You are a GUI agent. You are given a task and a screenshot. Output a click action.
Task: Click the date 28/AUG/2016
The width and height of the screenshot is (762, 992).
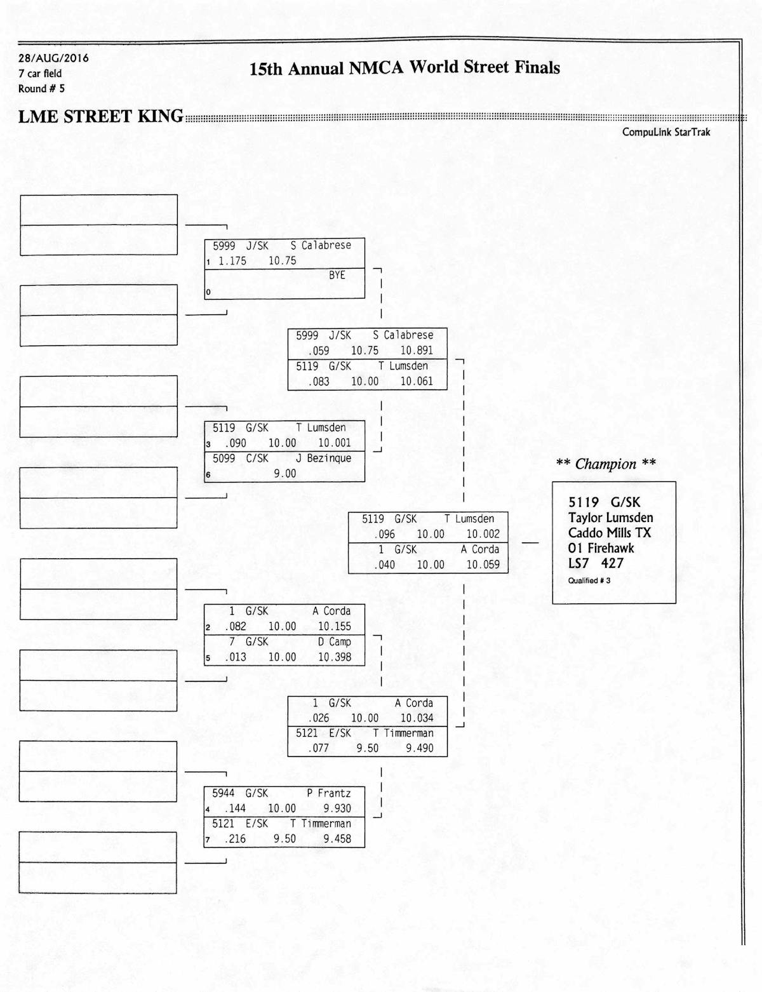pyautogui.click(x=53, y=58)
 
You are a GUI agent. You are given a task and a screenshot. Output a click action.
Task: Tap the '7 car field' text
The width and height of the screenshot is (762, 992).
pyautogui.click(x=40, y=74)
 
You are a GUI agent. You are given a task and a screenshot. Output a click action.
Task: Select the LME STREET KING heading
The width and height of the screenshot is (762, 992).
pyautogui.click(x=100, y=117)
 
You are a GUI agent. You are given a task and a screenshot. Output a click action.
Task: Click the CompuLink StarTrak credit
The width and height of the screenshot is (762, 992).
pyautogui.click(x=666, y=132)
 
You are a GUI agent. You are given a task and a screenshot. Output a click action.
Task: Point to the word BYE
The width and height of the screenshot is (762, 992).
pyautogui.click(x=337, y=276)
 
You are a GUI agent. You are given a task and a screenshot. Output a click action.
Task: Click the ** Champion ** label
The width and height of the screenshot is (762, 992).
pyautogui.click(x=606, y=464)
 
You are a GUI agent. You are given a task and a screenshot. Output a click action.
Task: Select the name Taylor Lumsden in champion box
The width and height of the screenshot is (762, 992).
pyautogui.click(x=610, y=518)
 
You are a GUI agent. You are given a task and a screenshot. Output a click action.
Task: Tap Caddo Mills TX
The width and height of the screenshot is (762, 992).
pyautogui.click(x=610, y=533)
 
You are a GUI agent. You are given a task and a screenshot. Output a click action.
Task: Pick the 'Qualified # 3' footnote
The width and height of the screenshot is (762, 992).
pyautogui.click(x=589, y=580)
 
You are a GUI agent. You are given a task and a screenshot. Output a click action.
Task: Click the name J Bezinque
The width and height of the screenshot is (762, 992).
pyautogui.click(x=323, y=459)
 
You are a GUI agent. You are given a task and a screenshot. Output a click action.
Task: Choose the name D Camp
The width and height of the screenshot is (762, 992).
pyautogui.click(x=334, y=642)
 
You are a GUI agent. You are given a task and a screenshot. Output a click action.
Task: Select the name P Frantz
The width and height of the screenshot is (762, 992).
pyautogui.click(x=328, y=793)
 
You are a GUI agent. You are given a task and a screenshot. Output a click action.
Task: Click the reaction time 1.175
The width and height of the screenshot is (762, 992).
pyautogui.click(x=232, y=261)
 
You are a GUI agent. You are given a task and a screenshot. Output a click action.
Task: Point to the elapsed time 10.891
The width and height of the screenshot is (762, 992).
pyautogui.click(x=417, y=351)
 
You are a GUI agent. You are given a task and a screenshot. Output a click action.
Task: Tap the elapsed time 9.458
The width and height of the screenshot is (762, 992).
pyautogui.click(x=337, y=839)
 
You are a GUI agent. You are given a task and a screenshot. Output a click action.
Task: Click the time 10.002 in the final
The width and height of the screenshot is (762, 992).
pyautogui.click(x=483, y=535)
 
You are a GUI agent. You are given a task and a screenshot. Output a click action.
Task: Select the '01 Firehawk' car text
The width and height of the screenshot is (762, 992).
pyautogui.click(x=601, y=548)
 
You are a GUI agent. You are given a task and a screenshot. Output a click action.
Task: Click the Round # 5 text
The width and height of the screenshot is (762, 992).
pyautogui.click(x=41, y=89)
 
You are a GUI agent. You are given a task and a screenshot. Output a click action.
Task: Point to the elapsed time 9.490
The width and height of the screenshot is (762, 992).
pyautogui.click(x=420, y=749)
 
